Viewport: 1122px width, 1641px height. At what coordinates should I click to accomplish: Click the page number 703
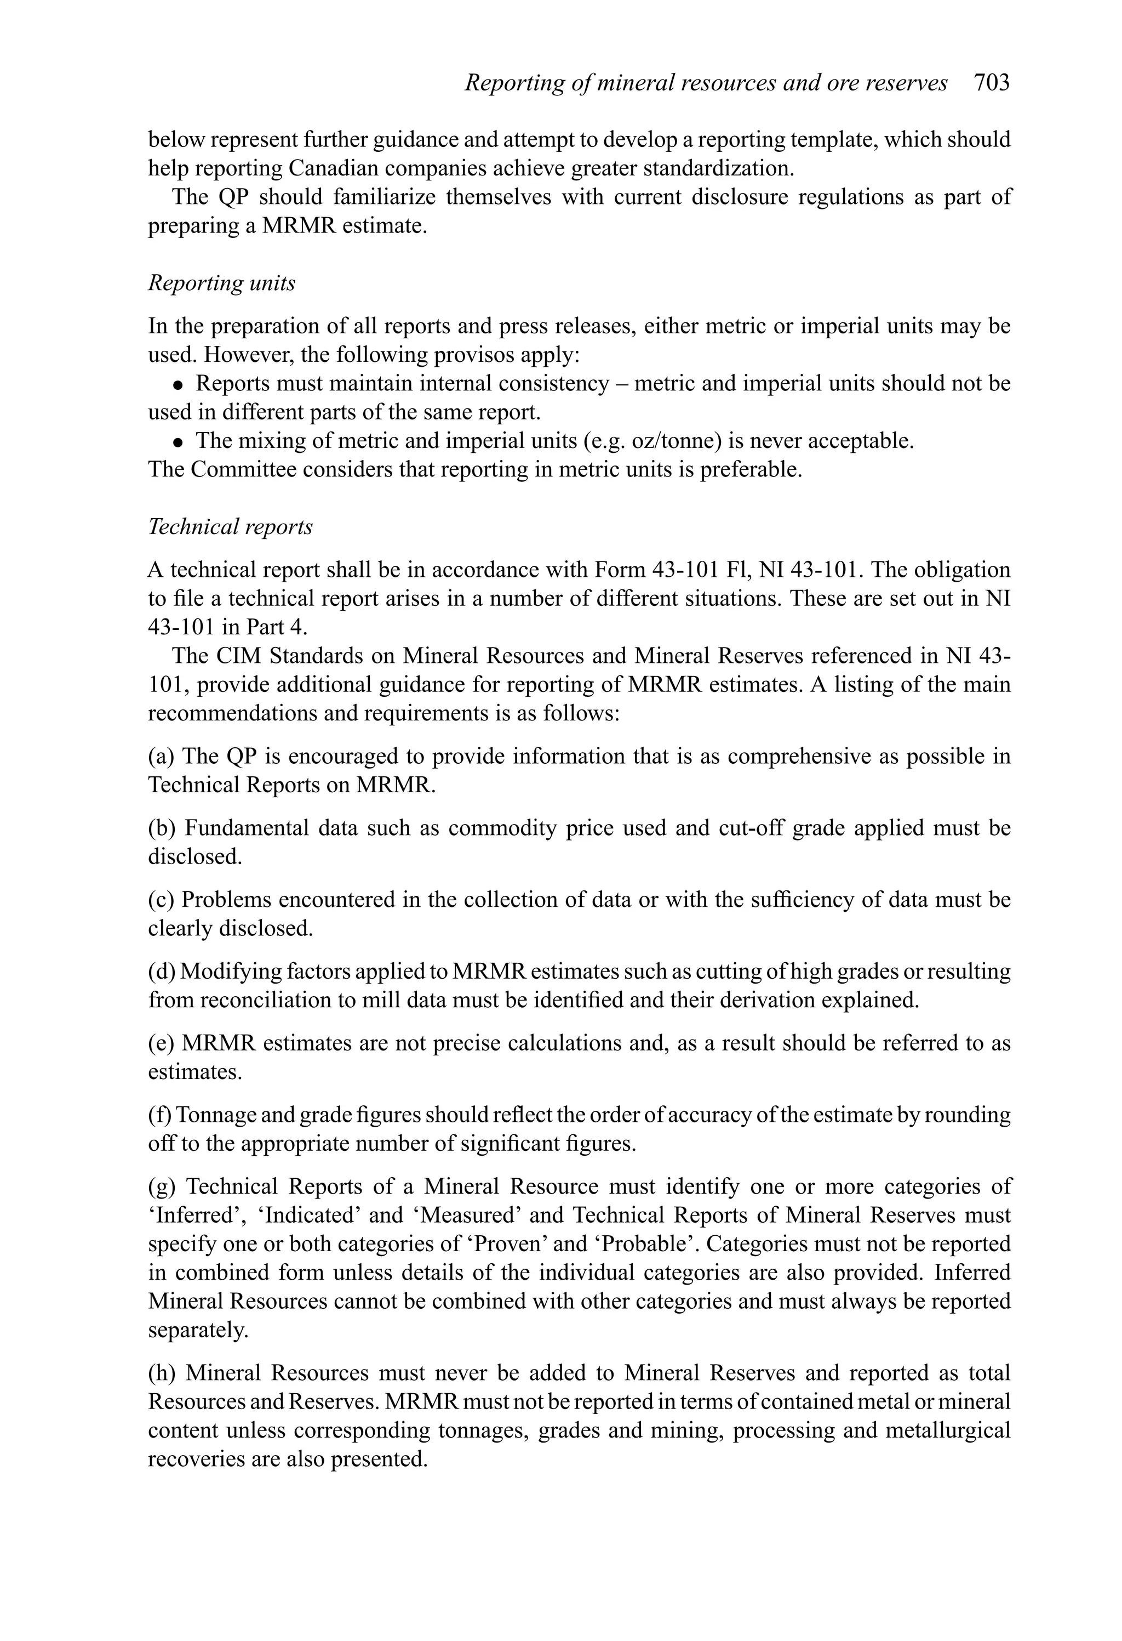coord(992,83)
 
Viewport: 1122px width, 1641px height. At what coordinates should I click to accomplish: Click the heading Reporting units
coord(221,283)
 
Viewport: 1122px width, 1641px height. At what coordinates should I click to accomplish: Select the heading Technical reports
coord(230,527)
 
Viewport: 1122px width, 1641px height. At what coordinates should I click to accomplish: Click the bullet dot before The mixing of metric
coord(179,442)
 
